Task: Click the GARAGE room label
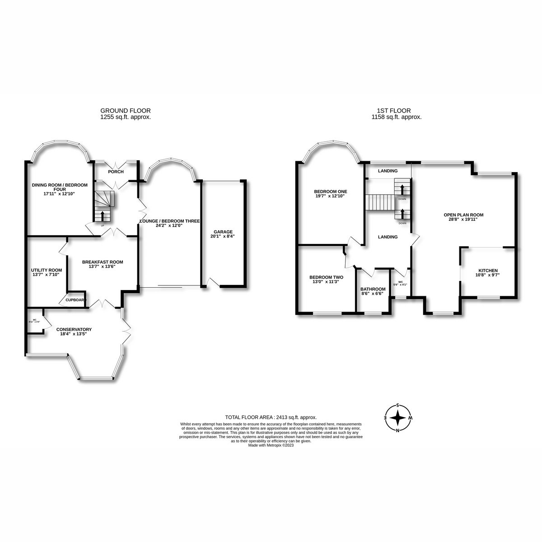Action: (223, 231)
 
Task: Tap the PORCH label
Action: (116, 172)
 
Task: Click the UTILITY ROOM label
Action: (43, 270)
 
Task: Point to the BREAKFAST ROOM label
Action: (103, 262)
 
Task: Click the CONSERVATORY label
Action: (74, 329)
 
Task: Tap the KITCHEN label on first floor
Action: (488, 270)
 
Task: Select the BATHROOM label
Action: (373, 289)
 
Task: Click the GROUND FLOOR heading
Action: (126, 111)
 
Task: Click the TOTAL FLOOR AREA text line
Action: (271, 418)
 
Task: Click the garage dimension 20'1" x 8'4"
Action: (223, 236)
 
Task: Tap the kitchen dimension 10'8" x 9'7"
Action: (488, 275)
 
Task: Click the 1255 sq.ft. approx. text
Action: (126, 117)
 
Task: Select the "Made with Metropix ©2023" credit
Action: (271, 445)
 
